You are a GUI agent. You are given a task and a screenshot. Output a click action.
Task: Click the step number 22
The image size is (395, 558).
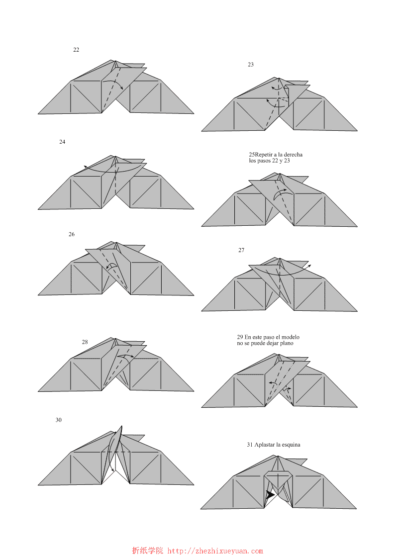tap(76, 50)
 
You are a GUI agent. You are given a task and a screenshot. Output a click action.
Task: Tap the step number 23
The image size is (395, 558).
tap(251, 65)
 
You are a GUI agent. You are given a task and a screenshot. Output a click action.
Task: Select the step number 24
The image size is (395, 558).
tap(62, 142)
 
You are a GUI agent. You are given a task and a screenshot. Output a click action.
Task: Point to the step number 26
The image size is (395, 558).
tap(72, 234)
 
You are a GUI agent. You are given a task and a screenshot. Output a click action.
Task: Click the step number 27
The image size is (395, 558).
tap(241, 250)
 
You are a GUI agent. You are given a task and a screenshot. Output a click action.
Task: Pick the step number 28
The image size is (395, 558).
tap(85, 342)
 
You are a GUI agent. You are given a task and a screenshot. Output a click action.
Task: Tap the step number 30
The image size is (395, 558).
tap(59, 420)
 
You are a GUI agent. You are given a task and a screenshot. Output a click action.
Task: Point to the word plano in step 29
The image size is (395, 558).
tap(287, 344)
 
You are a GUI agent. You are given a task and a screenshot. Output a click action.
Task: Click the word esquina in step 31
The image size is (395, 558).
tap(291, 445)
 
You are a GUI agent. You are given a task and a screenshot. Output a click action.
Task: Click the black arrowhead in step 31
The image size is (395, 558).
tap(270, 495)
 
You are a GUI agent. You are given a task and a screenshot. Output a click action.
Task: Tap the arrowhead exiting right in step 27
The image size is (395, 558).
tap(309, 266)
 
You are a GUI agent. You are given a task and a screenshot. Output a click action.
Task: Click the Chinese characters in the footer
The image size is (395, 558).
tap(147, 551)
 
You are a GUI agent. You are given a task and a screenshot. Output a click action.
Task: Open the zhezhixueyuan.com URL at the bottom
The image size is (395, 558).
tap(215, 551)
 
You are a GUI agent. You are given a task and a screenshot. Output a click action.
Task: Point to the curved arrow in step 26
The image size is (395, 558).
tap(112, 266)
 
